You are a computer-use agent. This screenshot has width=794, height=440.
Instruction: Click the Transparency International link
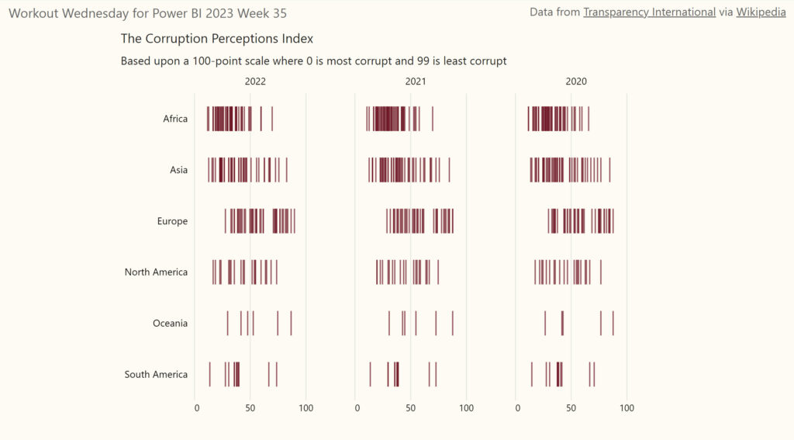[x=649, y=12]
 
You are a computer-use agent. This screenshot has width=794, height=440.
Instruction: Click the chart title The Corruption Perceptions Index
[x=217, y=38]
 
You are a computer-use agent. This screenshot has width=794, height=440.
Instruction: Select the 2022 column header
[x=255, y=81]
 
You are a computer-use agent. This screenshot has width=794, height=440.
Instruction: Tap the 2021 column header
[x=416, y=81]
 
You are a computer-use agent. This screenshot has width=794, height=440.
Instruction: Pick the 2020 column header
[x=576, y=81]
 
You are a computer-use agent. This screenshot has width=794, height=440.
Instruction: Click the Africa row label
[x=175, y=119]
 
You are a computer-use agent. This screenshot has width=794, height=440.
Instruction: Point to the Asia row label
[x=178, y=170]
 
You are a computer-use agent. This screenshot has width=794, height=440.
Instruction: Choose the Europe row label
[x=172, y=221]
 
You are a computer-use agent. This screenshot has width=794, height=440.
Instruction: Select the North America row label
[x=156, y=272]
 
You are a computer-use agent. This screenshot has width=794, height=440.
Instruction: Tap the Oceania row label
[x=170, y=324]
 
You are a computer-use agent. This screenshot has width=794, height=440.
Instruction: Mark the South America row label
[x=156, y=375]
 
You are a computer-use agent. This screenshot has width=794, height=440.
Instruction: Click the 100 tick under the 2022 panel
[x=306, y=408]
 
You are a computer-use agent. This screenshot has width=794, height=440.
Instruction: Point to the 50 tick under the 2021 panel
[x=411, y=408]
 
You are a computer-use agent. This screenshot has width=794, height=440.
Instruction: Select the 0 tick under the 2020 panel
[x=517, y=408]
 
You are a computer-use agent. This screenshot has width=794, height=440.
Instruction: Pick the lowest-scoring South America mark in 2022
[x=209, y=374]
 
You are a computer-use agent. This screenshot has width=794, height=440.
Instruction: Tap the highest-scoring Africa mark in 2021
[x=433, y=119]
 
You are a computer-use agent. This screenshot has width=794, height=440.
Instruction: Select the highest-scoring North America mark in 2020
[x=601, y=272]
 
